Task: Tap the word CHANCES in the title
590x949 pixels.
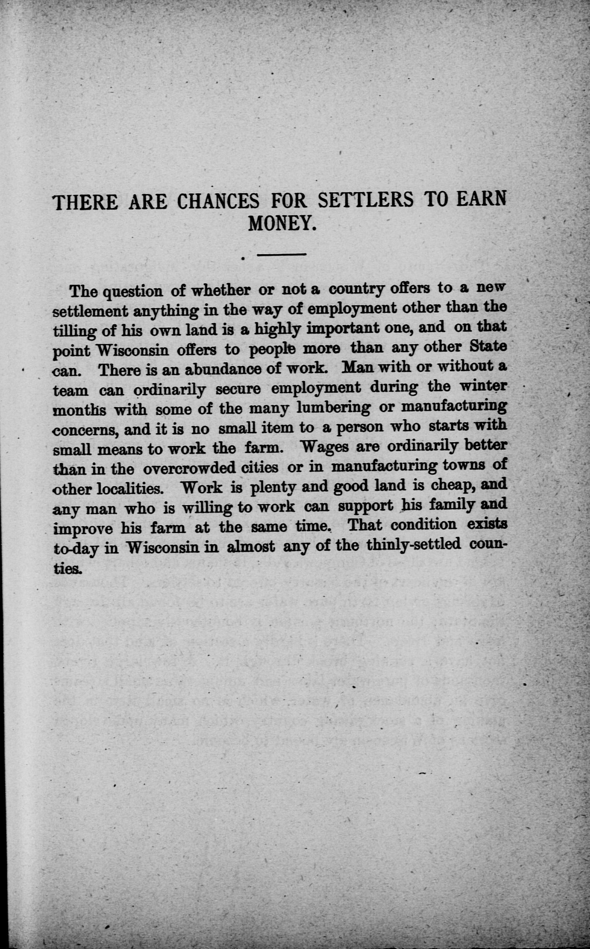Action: pyautogui.click(x=218, y=202)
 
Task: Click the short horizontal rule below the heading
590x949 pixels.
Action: pyautogui.click(x=281, y=255)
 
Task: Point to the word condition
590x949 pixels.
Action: pyautogui.click(x=423, y=525)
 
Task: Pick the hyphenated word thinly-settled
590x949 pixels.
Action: pyautogui.click(x=414, y=545)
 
